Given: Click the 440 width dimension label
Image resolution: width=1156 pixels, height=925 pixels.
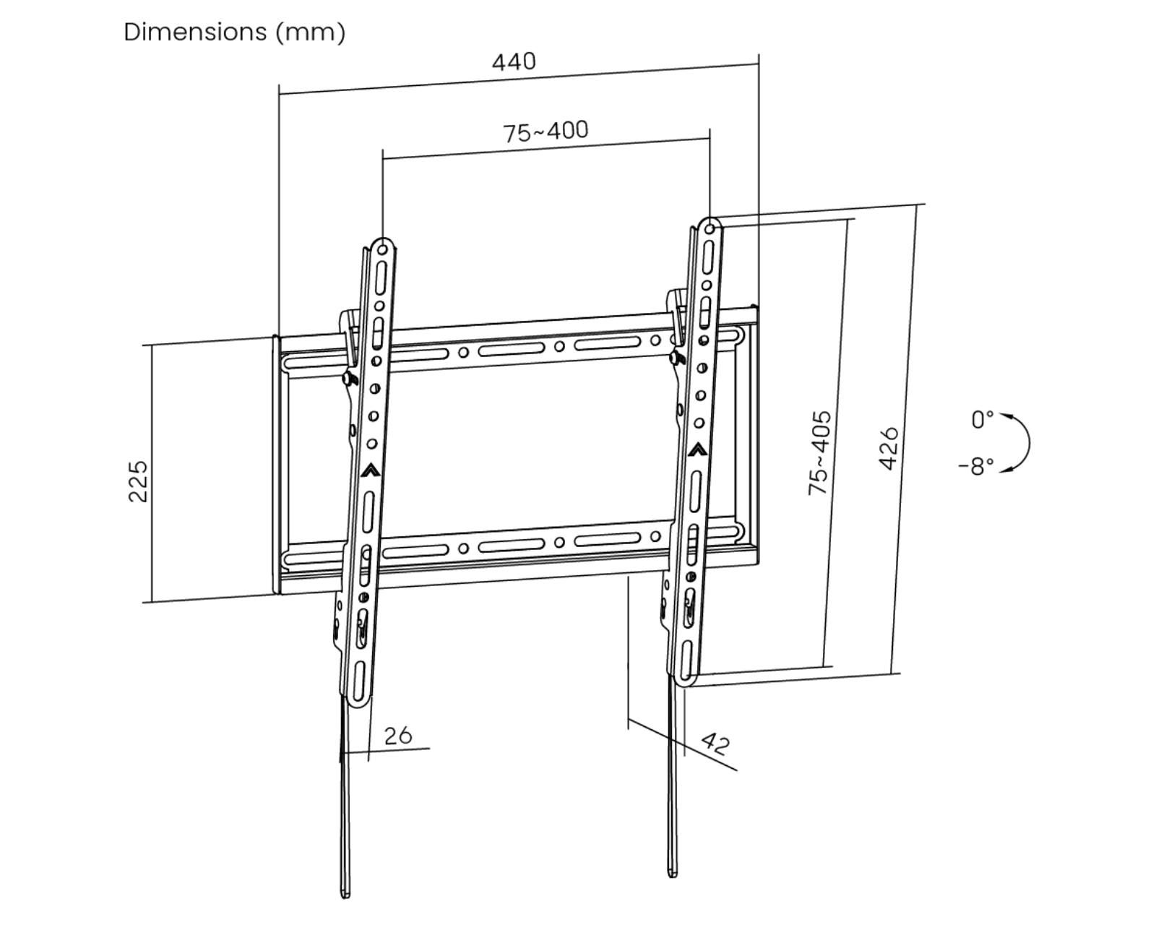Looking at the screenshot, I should click(x=514, y=61).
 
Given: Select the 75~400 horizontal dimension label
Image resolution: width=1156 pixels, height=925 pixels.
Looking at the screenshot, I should click(x=545, y=132).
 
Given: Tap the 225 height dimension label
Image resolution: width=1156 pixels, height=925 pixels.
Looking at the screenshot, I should click(x=137, y=481).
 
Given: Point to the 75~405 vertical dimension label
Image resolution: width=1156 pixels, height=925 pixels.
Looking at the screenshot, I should click(x=819, y=453).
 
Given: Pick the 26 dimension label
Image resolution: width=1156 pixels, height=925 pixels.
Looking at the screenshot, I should click(x=397, y=736).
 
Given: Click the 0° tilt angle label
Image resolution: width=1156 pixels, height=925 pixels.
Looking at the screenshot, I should click(x=983, y=419).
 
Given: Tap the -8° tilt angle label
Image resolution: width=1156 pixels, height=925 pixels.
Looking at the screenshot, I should click(x=977, y=466).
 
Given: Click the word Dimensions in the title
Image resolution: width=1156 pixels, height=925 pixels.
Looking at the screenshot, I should click(x=195, y=32).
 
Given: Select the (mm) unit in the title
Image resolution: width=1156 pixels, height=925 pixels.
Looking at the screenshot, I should click(x=310, y=32).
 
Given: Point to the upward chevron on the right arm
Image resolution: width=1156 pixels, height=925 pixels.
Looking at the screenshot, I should click(x=697, y=449).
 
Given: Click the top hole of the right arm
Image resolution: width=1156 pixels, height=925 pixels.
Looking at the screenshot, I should click(x=710, y=230).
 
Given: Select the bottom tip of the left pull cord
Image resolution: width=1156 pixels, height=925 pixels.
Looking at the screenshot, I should click(x=345, y=893).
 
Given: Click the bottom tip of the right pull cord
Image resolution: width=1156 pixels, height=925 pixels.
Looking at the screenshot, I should click(x=673, y=872).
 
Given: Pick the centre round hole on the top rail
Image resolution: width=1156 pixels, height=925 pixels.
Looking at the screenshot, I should click(x=559, y=347).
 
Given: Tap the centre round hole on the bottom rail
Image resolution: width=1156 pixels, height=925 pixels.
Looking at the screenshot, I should click(x=559, y=542).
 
